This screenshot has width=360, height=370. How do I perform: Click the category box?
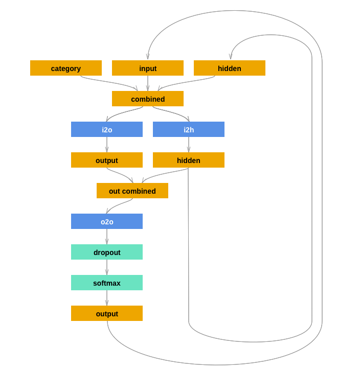tap(66, 68)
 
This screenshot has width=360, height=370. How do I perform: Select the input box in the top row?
tap(148, 68)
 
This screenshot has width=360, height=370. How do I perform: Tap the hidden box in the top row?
tap(230, 68)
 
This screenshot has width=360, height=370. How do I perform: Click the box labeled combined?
tap(148, 99)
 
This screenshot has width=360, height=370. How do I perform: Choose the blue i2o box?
tap(107, 129)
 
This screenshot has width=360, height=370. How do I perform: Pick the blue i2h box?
tap(189, 129)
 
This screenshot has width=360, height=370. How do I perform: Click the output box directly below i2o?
tap(107, 160)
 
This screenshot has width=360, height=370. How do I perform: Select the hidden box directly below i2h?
tap(189, 160)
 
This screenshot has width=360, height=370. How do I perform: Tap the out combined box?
tap(132, 191)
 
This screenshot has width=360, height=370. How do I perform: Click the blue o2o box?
tap(107, 221)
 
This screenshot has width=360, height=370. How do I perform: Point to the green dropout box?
tap(107, 252)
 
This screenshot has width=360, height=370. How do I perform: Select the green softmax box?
tap(107, 283)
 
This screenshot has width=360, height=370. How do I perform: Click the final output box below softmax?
tap(107, 313)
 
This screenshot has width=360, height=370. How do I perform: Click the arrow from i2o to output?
tap(107, 145)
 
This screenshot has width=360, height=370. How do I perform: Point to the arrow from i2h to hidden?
tap(189, 145)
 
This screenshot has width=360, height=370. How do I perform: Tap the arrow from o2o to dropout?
tap(107, 237)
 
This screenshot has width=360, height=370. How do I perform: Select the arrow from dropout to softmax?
tap(107, 267)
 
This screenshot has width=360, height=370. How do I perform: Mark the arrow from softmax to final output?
tap(107, 298)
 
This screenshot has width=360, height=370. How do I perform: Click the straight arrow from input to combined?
tap(148, 83)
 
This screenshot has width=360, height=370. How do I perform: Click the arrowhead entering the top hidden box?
tap(231, 57)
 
